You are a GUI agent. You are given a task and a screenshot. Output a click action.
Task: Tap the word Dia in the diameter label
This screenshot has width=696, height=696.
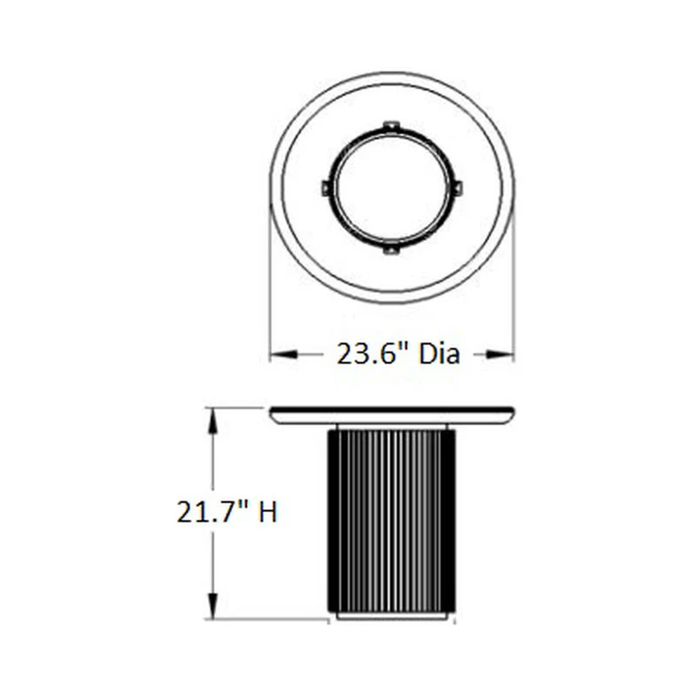tap(439, 354)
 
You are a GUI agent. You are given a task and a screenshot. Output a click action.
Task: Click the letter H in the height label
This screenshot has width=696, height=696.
tap(268, 512)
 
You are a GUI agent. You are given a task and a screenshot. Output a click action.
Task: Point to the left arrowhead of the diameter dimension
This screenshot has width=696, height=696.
tap(284, 354)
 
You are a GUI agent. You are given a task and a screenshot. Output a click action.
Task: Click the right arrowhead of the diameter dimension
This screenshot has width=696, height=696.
tap(500, 354)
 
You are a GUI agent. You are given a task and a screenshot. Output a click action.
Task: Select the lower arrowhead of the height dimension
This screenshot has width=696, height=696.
tap(213, 605)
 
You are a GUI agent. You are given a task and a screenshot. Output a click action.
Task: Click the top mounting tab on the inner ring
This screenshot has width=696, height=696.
tap(391, 125)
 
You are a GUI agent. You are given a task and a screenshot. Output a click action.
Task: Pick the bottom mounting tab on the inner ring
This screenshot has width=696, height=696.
tap(390, 250)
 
